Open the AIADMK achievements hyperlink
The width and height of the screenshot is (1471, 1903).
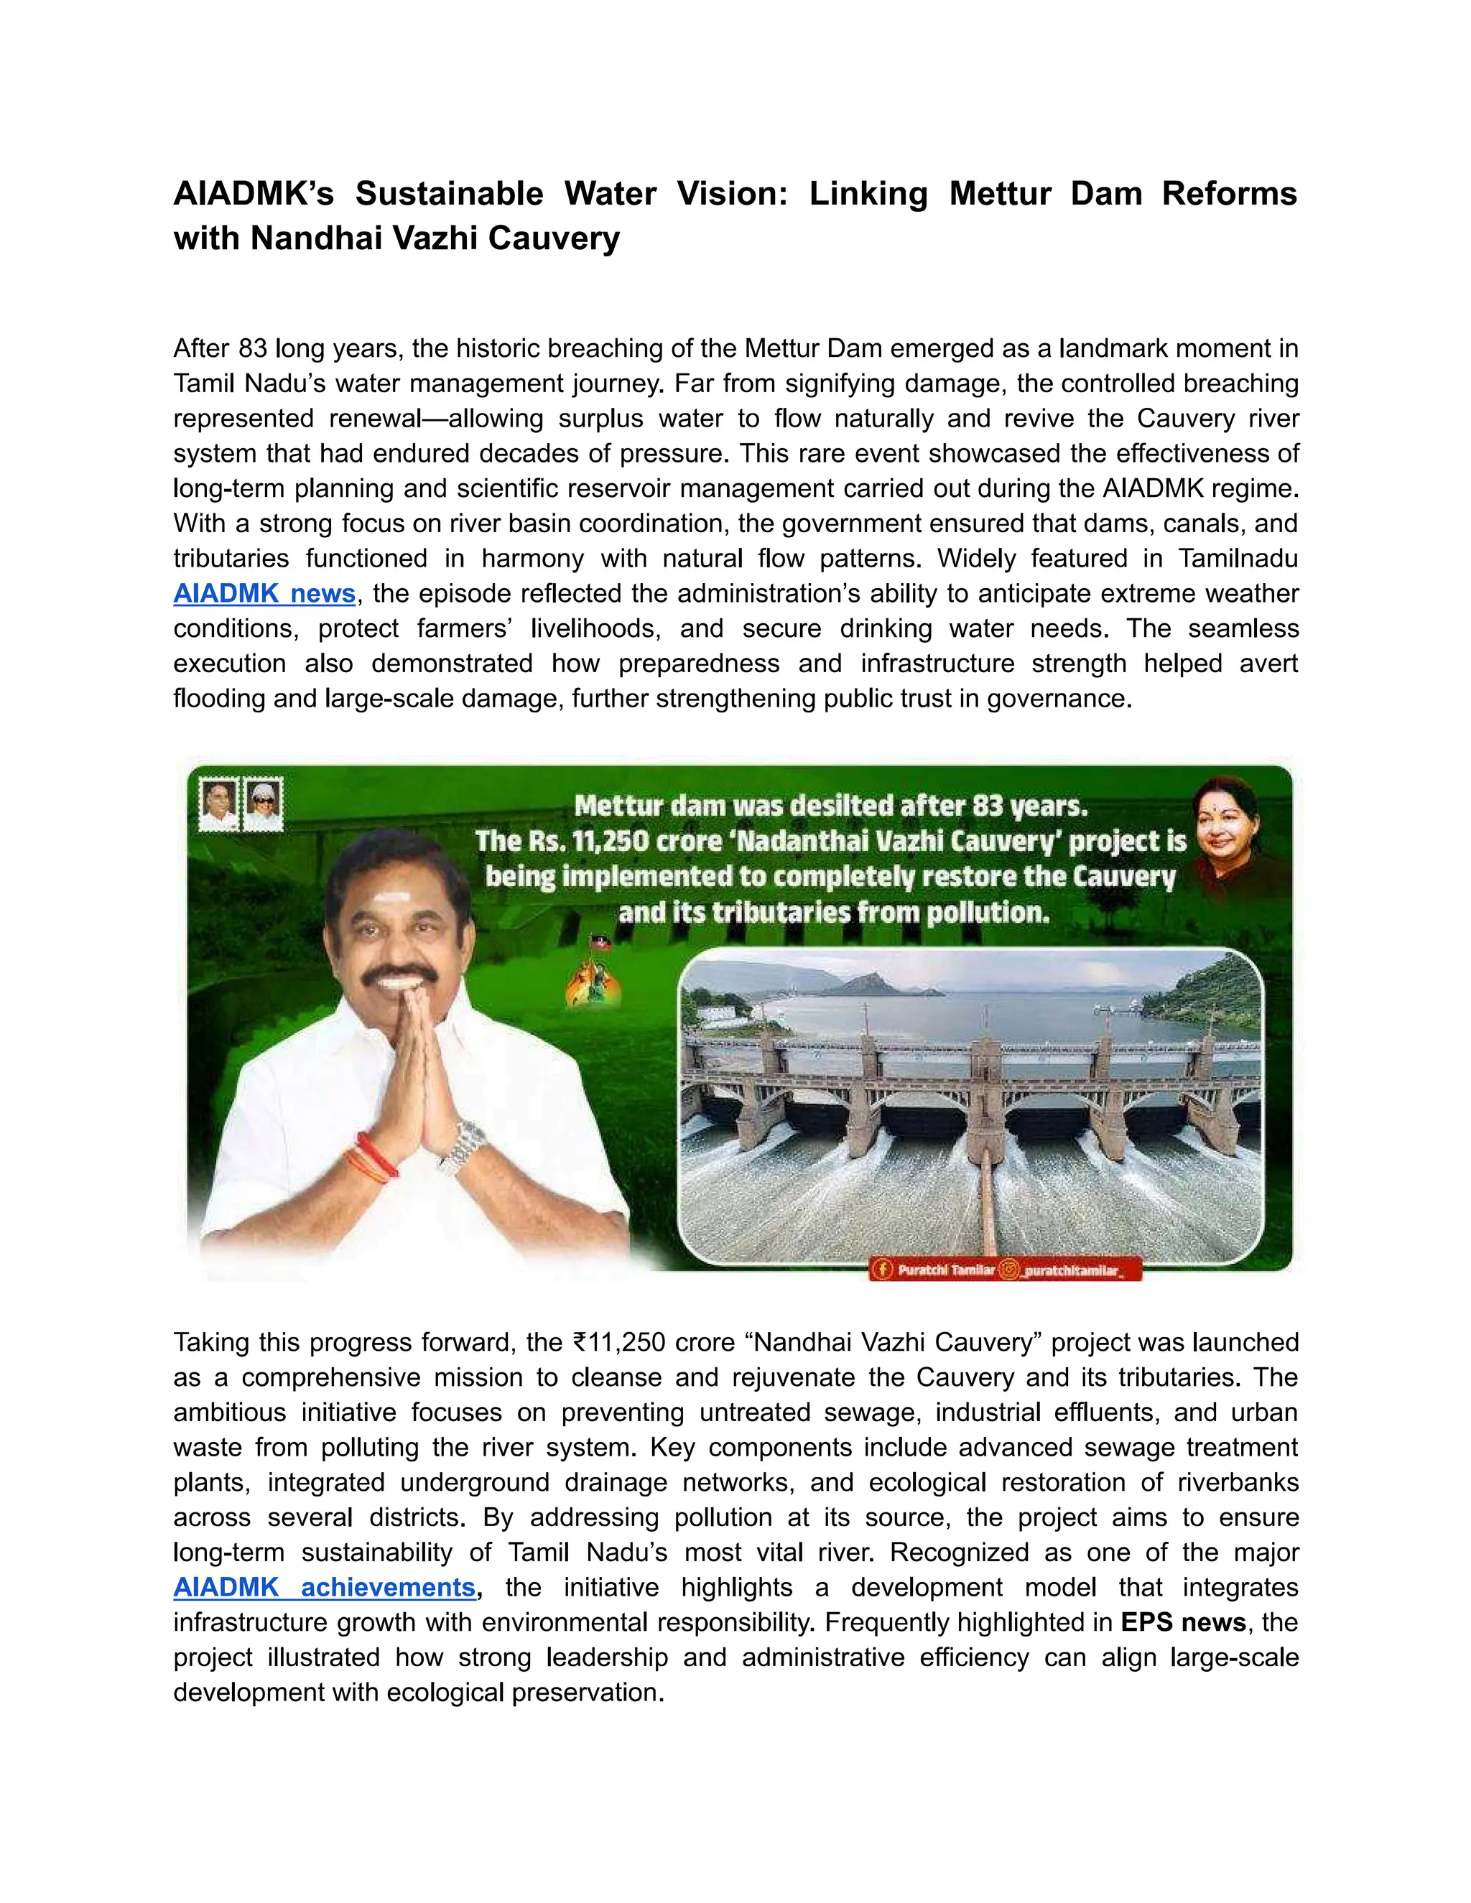[x=324, y=1587]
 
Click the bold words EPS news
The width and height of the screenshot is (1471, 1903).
[x=1182, y=1621]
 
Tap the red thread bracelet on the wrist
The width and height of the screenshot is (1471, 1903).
[x=376, y=1155]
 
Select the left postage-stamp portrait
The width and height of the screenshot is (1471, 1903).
[x=219, y=804]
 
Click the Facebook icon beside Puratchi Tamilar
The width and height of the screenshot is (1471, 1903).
[x=883, y=1270]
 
